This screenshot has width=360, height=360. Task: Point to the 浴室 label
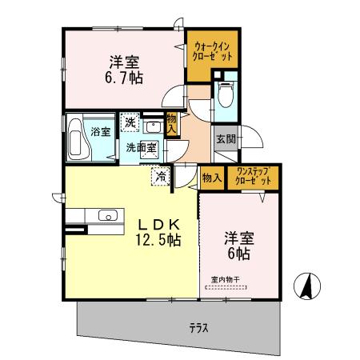tap(99, 132)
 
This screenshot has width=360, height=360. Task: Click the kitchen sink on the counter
tap(107, 215)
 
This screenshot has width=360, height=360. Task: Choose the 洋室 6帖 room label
tap(237, 245)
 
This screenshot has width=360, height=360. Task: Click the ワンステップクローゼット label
tap(253, 178)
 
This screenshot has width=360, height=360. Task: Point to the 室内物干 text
tap(226, 279)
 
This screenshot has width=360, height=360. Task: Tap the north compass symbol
tap(307, 284)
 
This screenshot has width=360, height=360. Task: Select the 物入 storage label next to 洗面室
tap(171, 124)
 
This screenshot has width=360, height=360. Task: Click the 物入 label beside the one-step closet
tap(212, 178)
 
